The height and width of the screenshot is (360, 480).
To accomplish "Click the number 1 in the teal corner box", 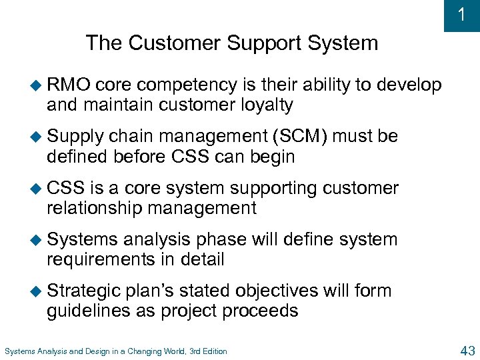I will point(461,15).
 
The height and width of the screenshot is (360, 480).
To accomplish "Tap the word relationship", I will point(95,208).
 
